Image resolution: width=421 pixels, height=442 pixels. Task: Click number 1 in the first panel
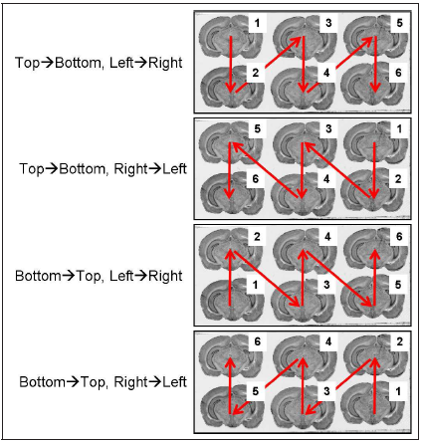coord(257,23)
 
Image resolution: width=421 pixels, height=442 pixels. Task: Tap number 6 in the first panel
coord(398,73)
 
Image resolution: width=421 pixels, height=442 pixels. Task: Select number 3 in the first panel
coord(328,23)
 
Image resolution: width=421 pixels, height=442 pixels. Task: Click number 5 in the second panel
coord(258,128)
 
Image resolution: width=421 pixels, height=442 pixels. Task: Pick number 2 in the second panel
coord(398,179)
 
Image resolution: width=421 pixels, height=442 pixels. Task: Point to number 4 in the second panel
coord(326,179)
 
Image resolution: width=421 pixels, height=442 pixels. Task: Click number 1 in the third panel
coord(255,285)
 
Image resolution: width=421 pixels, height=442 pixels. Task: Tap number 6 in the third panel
coord(399,237)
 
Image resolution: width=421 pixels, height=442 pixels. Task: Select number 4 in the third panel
coord(327,237)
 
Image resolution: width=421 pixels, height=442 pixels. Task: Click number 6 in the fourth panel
coord(258,341)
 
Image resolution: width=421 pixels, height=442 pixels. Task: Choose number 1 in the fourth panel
coord(398,391)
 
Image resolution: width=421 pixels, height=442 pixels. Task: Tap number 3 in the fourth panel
coord(326,391)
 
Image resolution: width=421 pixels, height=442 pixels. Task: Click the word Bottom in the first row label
coord(78,63)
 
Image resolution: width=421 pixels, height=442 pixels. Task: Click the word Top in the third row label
coord(87,276)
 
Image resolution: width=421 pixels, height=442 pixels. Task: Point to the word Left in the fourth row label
coord(174,382)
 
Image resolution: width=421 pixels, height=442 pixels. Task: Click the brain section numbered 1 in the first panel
coord(231,37)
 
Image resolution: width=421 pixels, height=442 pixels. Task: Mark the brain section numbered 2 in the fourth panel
coord(376,356)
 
